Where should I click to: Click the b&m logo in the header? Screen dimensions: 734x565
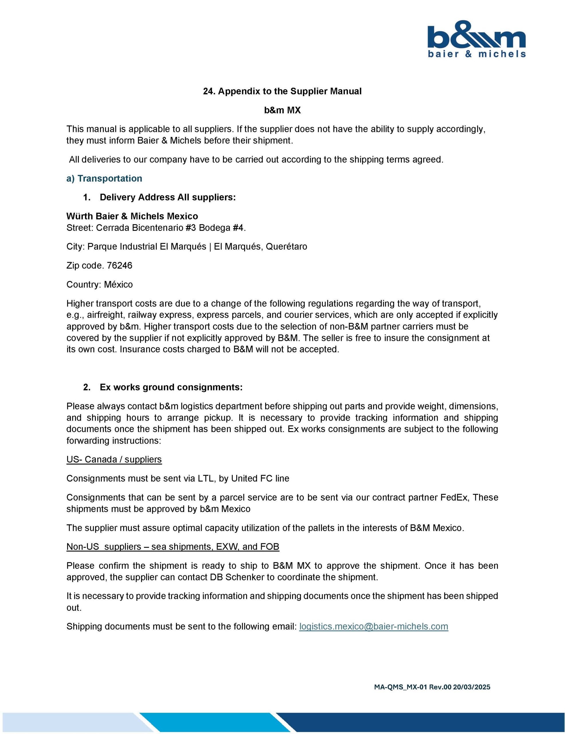pyautogui.click(x=477, y=39)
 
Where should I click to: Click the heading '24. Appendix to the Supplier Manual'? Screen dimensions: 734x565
pyautogui.click(x=282, y=91)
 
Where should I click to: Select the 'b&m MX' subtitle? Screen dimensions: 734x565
pyautogui.click(x=282, y=110)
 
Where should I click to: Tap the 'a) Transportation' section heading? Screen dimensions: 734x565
pyautogui.click(x=104, y=178)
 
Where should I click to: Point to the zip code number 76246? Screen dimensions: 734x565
pyautogui.click(x=120, y=266)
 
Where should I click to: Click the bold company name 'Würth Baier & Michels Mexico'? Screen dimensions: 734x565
pyautogui.click(x=132, y=216)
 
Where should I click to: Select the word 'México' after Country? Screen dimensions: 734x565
pyautogui.click(x=118, y=285)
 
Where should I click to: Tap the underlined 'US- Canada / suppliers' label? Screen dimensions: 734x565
pyautogui.click(x=114, y=459)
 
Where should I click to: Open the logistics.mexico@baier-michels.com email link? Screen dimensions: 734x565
pyautogui.click(x=374, y=626)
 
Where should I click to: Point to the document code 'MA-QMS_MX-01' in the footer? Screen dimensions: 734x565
pyautogui.click(x=400, y=687)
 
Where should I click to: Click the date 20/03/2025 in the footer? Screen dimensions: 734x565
pyautogui.click(x=472, y=687)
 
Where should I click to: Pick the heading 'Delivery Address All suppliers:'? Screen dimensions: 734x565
pyautogui.click(x=168, y=197)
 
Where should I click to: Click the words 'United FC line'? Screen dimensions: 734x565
pyautogui.click(x=260, y=478)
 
